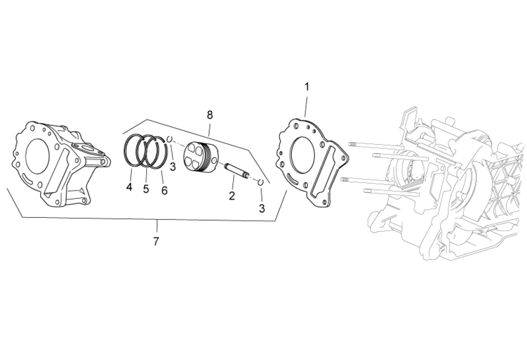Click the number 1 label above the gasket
pos(307,87)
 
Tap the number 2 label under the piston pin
pos(232,195)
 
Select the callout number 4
pos(129,187)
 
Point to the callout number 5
pos(146,188)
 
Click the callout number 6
pos(164,191)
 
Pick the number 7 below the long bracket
pos(156,241)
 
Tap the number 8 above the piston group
pos(209,114)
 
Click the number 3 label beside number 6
pos(173,166)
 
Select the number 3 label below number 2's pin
pos(262,208)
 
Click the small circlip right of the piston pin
pos(261,182)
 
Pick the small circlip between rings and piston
pos(169,139)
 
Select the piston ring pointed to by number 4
pos(132,150)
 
